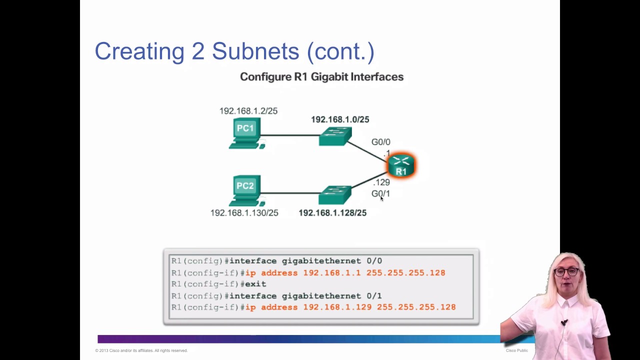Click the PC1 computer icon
point(245,133)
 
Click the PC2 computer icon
point(245,190)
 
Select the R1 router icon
point(401,165)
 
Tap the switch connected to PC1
point(335,136)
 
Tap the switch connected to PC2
point(334,195)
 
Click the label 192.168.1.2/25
point(248,111)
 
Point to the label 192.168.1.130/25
point(244,213)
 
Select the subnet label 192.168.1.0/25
point(340,119)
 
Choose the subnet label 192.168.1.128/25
point(332,213)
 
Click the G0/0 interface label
point(380,142)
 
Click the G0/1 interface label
point(380,193)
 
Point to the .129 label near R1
point(381,182)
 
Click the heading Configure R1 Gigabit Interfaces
point(321,77)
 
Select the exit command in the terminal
point(255,284)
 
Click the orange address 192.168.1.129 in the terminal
point(337,307)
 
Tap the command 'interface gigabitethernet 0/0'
point(305,261)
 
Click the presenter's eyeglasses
point(566,272)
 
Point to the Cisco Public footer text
point(516,350)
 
